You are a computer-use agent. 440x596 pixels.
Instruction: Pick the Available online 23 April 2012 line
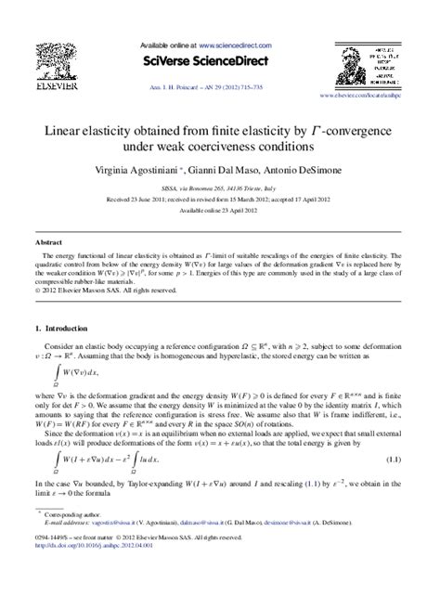[220, 209]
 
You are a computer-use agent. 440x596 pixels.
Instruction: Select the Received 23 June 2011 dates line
[220, 199]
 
